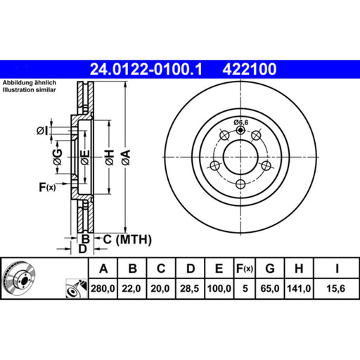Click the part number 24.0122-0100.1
[x=146, y=70]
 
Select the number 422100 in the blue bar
[x=250, y=70]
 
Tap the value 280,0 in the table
[x=103, y=288]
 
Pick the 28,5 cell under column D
[x=189, y=288]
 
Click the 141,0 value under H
[x=299, y=288]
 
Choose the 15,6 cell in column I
[x=336, y=288]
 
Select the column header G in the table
[x=270, y=269]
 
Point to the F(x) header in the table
[x=245, y=269]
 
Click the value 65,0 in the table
[x=270, y=288]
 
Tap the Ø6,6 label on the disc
[x=241, y=122]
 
